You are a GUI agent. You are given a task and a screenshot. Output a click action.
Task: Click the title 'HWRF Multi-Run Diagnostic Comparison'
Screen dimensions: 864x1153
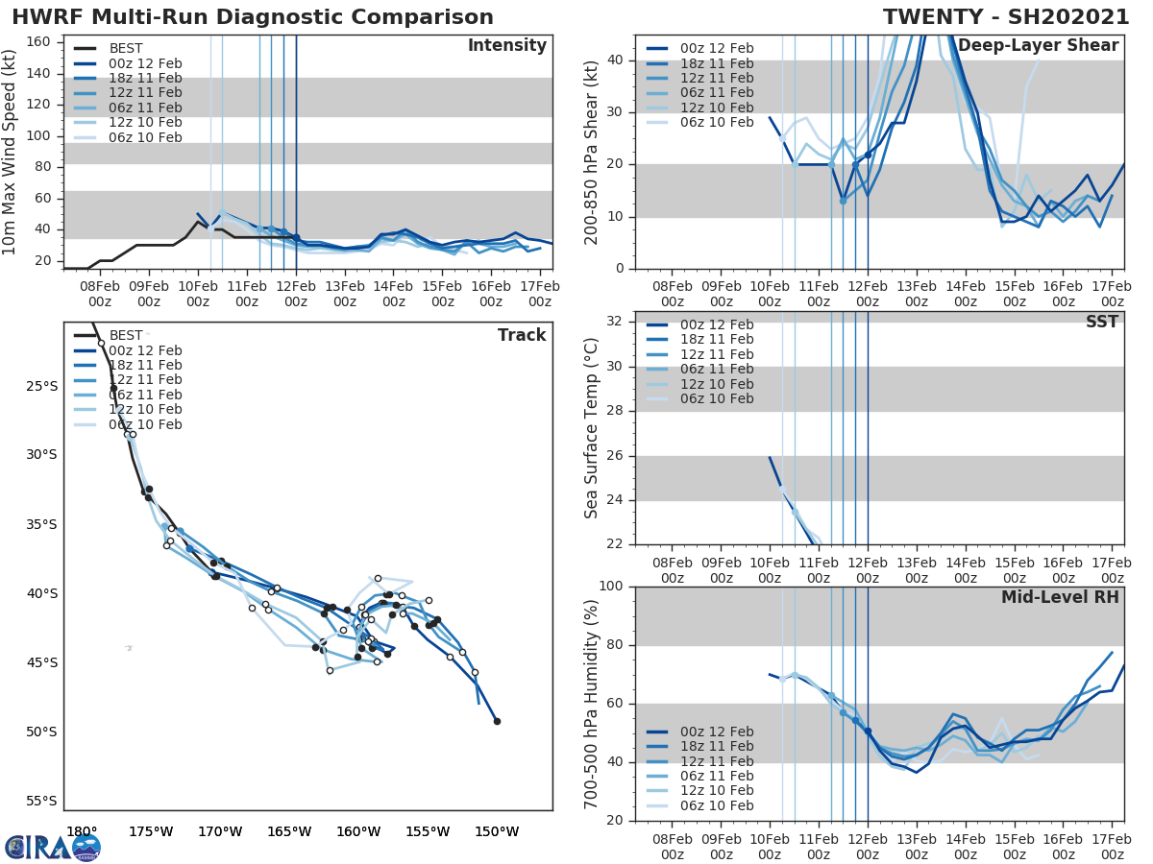(253, 17)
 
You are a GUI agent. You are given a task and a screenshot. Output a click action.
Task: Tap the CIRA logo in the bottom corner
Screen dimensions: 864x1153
(53, 847)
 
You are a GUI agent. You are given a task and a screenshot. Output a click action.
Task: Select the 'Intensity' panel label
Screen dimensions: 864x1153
(506, 46)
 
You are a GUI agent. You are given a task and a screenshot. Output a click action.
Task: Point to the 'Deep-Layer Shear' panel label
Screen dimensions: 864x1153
(1038, 46)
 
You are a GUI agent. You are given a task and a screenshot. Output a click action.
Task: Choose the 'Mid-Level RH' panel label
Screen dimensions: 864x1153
(1060, 597)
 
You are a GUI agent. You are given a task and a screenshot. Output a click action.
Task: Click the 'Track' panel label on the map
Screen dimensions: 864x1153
(522, 335)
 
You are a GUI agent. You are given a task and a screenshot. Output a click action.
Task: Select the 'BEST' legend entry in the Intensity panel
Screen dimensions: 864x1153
(126, 49)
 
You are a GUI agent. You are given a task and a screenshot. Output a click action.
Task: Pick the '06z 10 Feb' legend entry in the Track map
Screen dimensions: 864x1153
(145, 424)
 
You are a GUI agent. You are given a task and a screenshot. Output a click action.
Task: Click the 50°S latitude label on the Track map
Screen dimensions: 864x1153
(40, 732)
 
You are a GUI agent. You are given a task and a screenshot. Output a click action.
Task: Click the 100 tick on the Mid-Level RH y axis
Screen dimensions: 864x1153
(611, 587)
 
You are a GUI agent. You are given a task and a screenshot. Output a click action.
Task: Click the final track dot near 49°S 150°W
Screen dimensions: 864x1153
(497, 721)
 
